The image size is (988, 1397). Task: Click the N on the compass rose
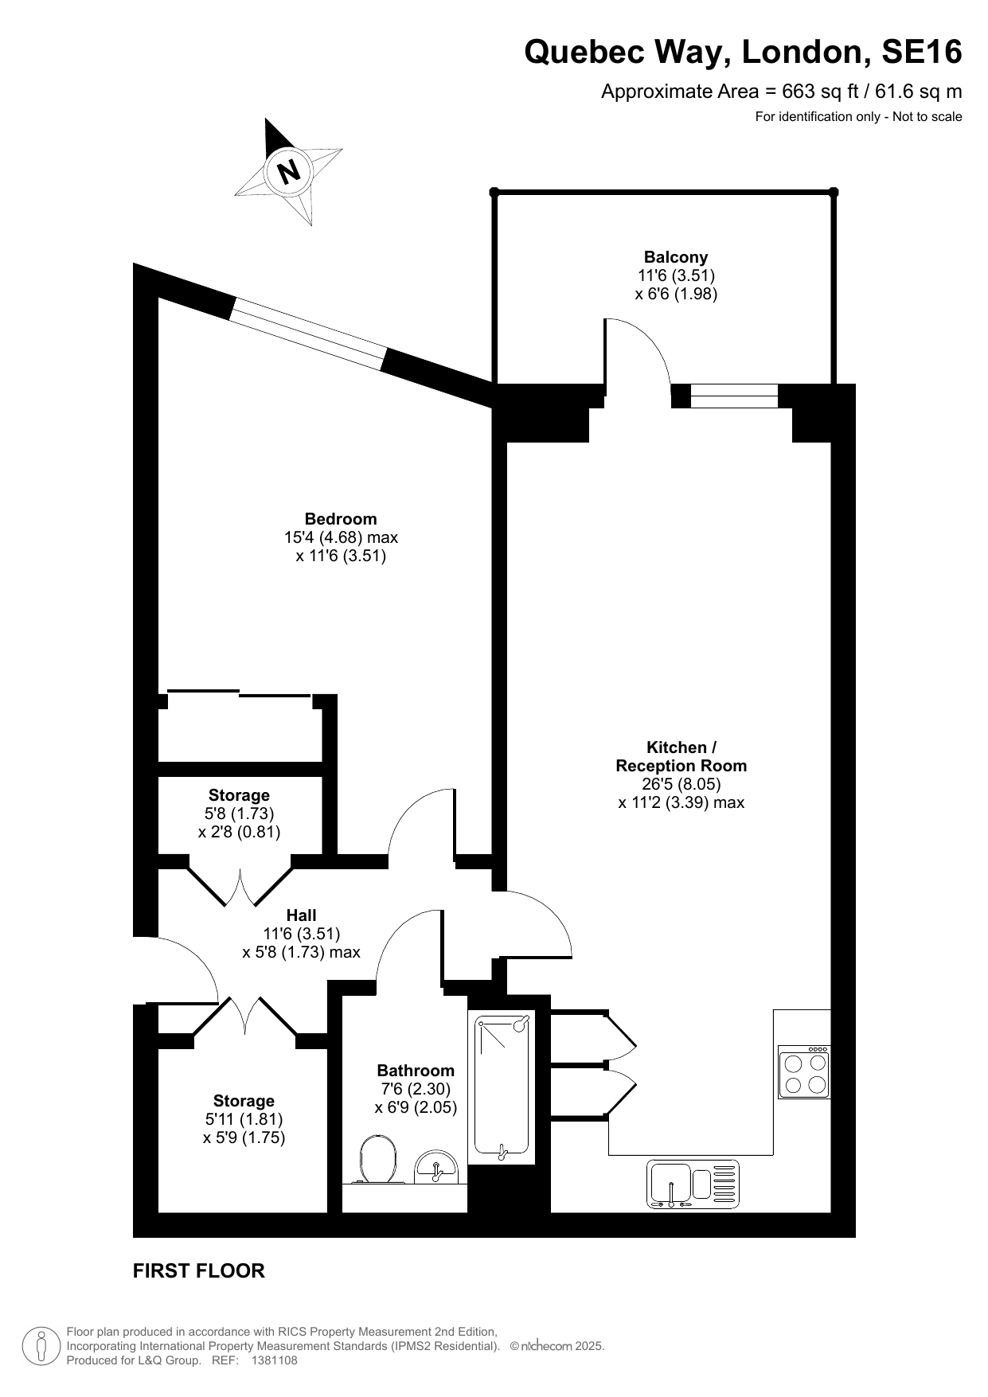coord(289,170)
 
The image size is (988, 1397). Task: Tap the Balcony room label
coord(676,257)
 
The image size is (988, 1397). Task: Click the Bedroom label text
coord(341,519)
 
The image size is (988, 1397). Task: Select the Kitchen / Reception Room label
coord(681,757)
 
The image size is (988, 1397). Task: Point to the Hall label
coord(302,915)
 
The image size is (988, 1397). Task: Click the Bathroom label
coord(416,1071)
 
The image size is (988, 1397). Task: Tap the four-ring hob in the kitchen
coord(804,1072)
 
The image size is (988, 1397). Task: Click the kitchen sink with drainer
coord(693,1184)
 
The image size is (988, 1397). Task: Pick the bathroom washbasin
coord(435,1167)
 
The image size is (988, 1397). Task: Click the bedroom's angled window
coord(309,334)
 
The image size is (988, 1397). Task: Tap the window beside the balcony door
coord(733,396)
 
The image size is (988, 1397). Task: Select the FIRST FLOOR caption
coord(199,1271)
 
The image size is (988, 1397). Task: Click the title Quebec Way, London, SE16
coord(743,53)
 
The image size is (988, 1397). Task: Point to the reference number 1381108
coord(274,1360)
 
